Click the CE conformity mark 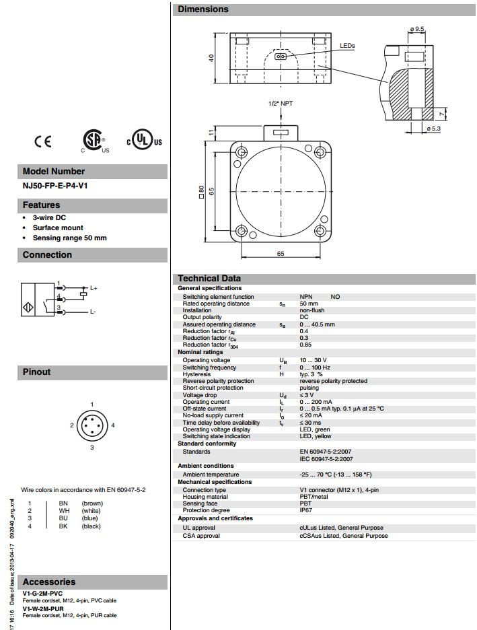click(43, 141)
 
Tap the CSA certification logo click(92, 139)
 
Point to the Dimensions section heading click(203, 9)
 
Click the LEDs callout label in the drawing click(347, 46)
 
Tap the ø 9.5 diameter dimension click(417, 29)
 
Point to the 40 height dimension click(211, 59)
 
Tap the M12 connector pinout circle click(92, 425)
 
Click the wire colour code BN click(63, 503)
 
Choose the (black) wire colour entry click(91, 526)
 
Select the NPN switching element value click(306, 296)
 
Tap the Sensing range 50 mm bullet click(69, 238)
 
